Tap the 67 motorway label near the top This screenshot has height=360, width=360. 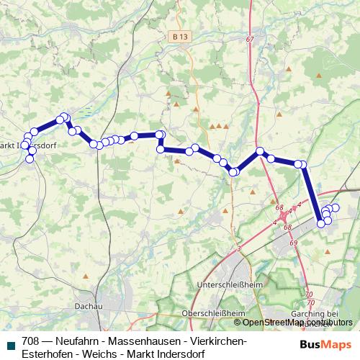tap(250, 38)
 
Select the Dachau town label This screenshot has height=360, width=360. tap(87, 306)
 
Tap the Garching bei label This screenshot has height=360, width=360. tap(312, 314)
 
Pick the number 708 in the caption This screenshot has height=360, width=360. tap(31, 341)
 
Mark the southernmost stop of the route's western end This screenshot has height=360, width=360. tap(30, 159)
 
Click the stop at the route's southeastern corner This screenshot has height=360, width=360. tap(321, 223)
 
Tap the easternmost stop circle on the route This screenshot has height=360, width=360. tap(335, 208)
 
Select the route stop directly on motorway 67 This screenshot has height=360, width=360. tap(261, 151)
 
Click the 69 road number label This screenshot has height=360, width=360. tap(294, 243)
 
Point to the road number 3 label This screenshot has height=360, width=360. tap(238, 248)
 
